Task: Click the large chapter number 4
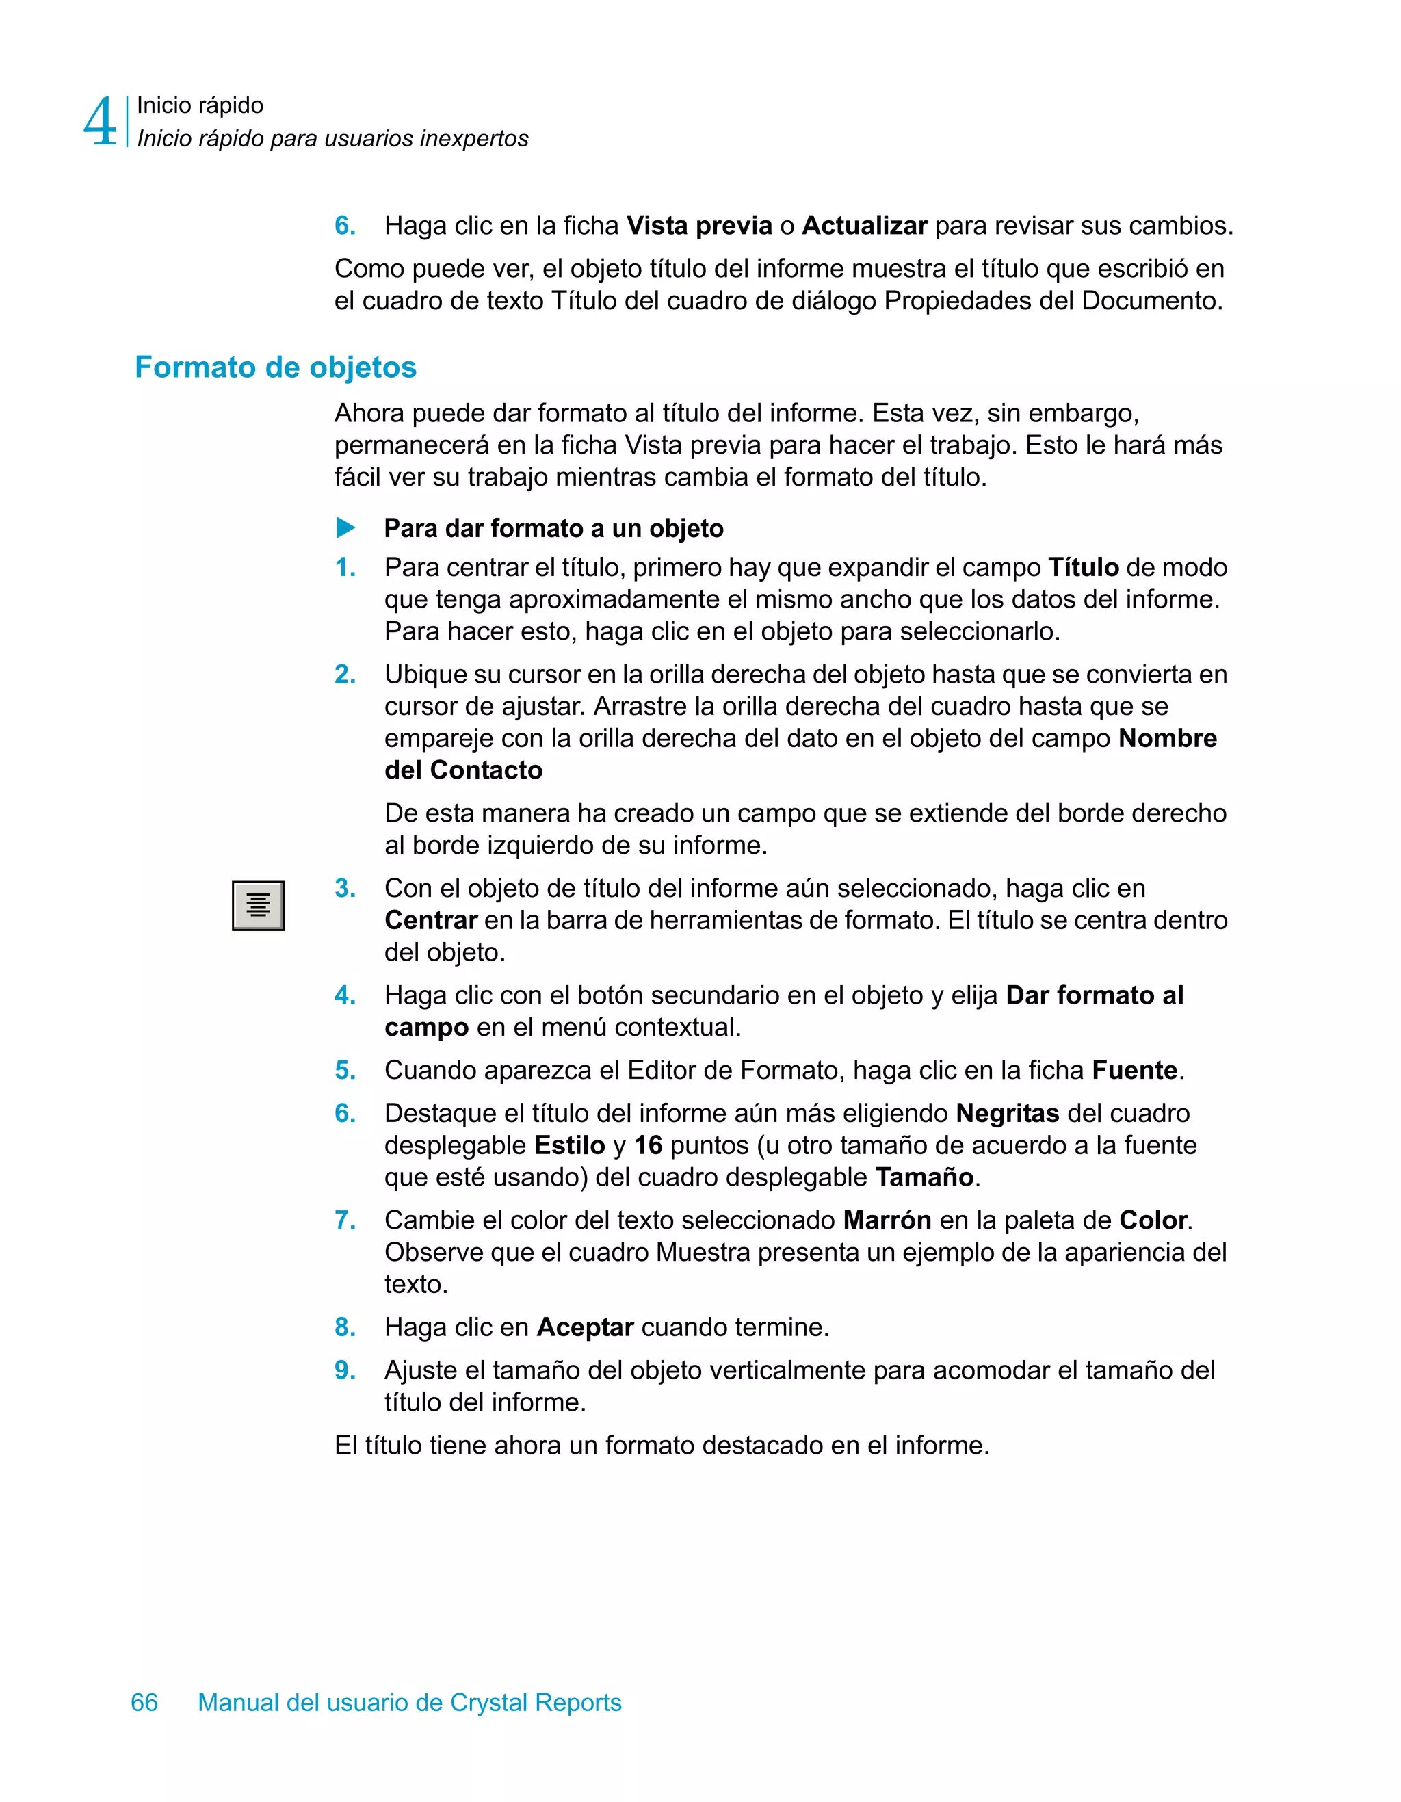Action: pyautogui.click(x=100, y=122)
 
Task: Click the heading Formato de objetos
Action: pyautogui.click(x=276, y=367)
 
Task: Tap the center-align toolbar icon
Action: pyautogui.click(x=259, y=905)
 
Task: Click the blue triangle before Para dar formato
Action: pyautogui.click(x=345, y=528)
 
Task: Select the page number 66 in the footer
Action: pyautogui.click(x=144, y=1702)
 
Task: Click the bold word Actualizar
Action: pyautogui.click(x=865, y=225)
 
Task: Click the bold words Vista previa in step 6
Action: pyautogui.click(x=699, y=225)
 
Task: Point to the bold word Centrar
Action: pyautogui.click(x=431, y=920)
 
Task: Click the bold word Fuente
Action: pyautogui.click(x=1134, y=1070)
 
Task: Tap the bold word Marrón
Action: pyautogui.click(x=887, y=1220)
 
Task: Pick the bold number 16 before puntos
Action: pyautogui.click(x=648, y=1145)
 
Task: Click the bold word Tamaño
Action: pyautogui.click(x=924, y=1177)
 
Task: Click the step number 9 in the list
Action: pyautogui.click(x=344, y=1370)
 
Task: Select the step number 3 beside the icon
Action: pyautogui.click(x=344, y=889)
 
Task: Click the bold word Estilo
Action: pyautogui.click(x=569, y=1145)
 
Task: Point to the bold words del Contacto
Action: pyautogui.click(x=464, y=770)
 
